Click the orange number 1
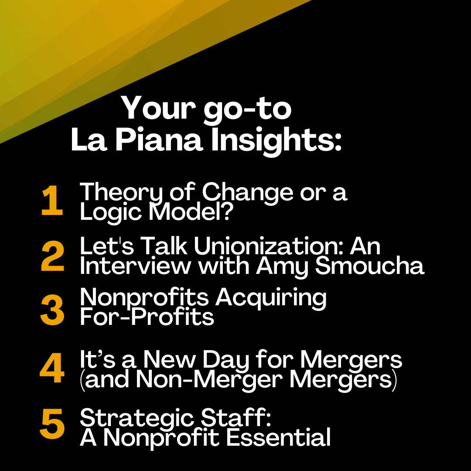(52, 200)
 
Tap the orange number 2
(53, 256)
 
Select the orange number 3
(52, 310)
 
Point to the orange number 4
(52, 368)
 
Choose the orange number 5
(52, 423)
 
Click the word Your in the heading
(158, 108)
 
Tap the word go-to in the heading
(248, 110)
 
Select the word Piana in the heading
(159, 140)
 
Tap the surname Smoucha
(369, 266)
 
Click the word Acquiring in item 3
(271, 299)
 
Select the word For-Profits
(147, 317)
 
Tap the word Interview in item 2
(136, 266)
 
